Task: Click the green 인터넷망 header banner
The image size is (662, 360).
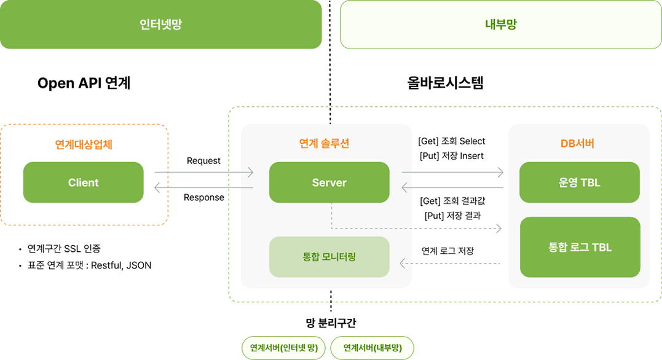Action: pos(160,25)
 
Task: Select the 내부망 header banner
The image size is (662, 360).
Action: pos(501,25)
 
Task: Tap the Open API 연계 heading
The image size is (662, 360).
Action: pos(84,83)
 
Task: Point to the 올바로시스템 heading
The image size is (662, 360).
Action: pos(445,83)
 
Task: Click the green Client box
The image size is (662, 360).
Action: pos(83,182)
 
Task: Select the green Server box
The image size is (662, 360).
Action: pos(329,182)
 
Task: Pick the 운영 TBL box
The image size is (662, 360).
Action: pos(580,182)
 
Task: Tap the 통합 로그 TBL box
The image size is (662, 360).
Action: pos(580,247)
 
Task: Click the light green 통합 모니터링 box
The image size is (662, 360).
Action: pos(329,256)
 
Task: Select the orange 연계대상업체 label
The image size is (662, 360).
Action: pos(84,145)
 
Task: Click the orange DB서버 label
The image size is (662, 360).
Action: pos(577,143)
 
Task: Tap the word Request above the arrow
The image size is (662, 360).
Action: pos(203,160)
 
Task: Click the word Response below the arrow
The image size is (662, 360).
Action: pos(203,197)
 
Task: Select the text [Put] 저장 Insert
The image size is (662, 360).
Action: pos(451,155)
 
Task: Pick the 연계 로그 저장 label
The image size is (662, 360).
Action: pos(447,251)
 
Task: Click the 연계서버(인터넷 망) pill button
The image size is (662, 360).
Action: pos(283,348)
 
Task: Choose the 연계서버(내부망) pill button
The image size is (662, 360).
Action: pos(372,348)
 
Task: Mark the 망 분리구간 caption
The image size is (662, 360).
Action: pos(331,323)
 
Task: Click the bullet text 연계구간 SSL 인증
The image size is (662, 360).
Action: pos(64,249)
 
